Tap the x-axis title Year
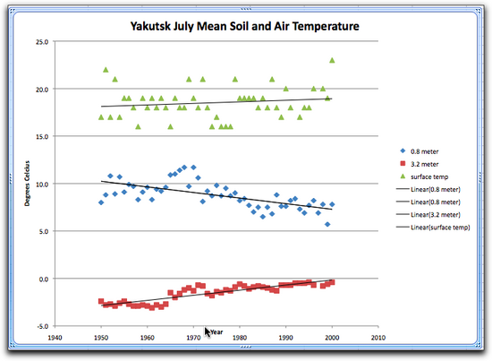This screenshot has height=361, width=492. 216,329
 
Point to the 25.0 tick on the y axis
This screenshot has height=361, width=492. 40,42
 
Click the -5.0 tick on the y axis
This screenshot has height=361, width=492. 40,326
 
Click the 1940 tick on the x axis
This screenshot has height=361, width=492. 55,339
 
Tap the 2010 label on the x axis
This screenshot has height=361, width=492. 378,339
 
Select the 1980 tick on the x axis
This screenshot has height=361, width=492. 240,339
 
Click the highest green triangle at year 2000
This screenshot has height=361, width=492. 333,60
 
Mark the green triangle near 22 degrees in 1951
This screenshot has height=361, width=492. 106,70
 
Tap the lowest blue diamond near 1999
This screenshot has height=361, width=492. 328,224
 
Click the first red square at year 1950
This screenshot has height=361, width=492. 101,301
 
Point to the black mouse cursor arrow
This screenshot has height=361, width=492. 208,332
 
